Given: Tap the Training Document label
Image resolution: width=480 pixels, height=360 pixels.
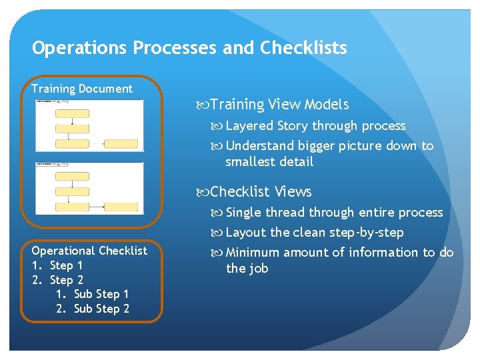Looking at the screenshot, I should pyautogui.click(x=82, y=89).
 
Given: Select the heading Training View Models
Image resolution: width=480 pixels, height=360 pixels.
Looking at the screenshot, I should pyautogui.click(x=279, y=105).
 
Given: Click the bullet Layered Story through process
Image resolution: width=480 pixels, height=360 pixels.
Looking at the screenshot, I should pyautogui.click(x=315, y=126).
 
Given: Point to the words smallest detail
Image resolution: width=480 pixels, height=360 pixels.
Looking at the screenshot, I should pyautogui.click(x=269, y=162).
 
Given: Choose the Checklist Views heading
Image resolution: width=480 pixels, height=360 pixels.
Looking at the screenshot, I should pyautogui.click(x=261, y=192).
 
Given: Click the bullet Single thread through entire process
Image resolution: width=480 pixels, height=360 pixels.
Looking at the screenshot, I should pyautogui.click(x=334, y=213).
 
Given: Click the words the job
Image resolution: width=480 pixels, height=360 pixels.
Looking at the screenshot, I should pyautogui.click(x=247, y=269).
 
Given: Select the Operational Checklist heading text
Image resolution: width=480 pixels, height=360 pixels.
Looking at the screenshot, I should pyautogui.click(x=89, y=251).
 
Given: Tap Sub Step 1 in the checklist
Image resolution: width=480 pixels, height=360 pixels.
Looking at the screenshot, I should pyautogui.click(x=101, y=294).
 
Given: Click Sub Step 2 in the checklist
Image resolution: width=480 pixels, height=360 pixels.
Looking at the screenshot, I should pyautogui.click(x=101, y=309).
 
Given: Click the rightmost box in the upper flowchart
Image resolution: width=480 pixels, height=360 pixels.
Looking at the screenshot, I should pyautogui.click(x=121, y=144).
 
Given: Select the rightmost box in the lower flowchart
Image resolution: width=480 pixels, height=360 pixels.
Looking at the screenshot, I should pyautogui.click(x=121, y=207).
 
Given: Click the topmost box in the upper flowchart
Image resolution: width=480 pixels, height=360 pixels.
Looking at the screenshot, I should pyautogui.click(x=72, y=113).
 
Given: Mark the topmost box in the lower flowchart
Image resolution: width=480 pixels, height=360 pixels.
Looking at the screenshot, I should pyautogui.click(x=72, y=177).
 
